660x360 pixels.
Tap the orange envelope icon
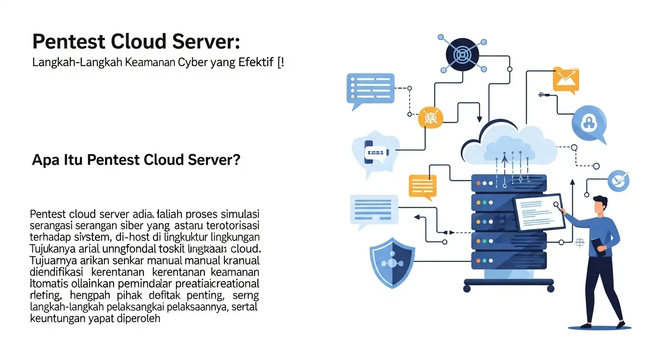[566, 79]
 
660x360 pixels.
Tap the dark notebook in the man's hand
[598, 247]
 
